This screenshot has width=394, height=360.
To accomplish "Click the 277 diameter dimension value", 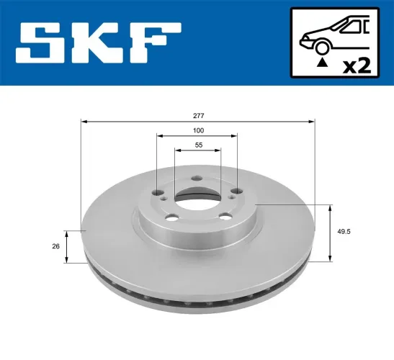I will [198, 115].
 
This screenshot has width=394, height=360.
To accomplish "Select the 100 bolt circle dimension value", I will [198, 130].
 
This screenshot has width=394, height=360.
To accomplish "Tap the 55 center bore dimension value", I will [198, 145].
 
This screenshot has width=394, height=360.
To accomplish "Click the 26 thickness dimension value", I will [55, 246].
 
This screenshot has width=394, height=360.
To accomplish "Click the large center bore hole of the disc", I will [197, 196].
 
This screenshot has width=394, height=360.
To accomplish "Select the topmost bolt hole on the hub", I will [197, 179].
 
